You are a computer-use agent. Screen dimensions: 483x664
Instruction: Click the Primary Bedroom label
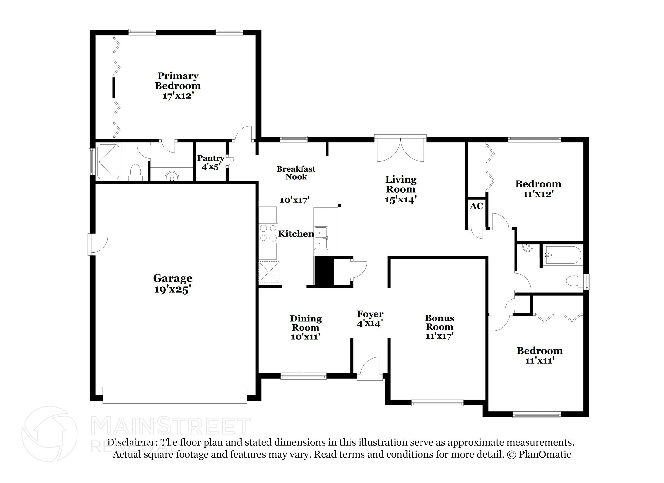point(178,81)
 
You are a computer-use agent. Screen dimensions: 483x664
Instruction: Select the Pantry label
point(211,158)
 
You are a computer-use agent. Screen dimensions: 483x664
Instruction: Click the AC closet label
point(476,206)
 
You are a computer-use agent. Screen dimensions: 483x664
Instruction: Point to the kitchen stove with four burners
point(268,233)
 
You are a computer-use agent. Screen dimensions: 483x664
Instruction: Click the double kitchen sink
point(321,238)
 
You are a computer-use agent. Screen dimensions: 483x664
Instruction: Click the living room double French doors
point(400,149)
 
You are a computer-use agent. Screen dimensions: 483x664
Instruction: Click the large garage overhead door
point(175,395)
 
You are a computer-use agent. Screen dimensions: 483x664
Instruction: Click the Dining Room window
point(303,376)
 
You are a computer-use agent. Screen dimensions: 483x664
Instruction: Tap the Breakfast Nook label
point(296,173)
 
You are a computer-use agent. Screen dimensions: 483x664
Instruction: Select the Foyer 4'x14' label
point(370,319)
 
